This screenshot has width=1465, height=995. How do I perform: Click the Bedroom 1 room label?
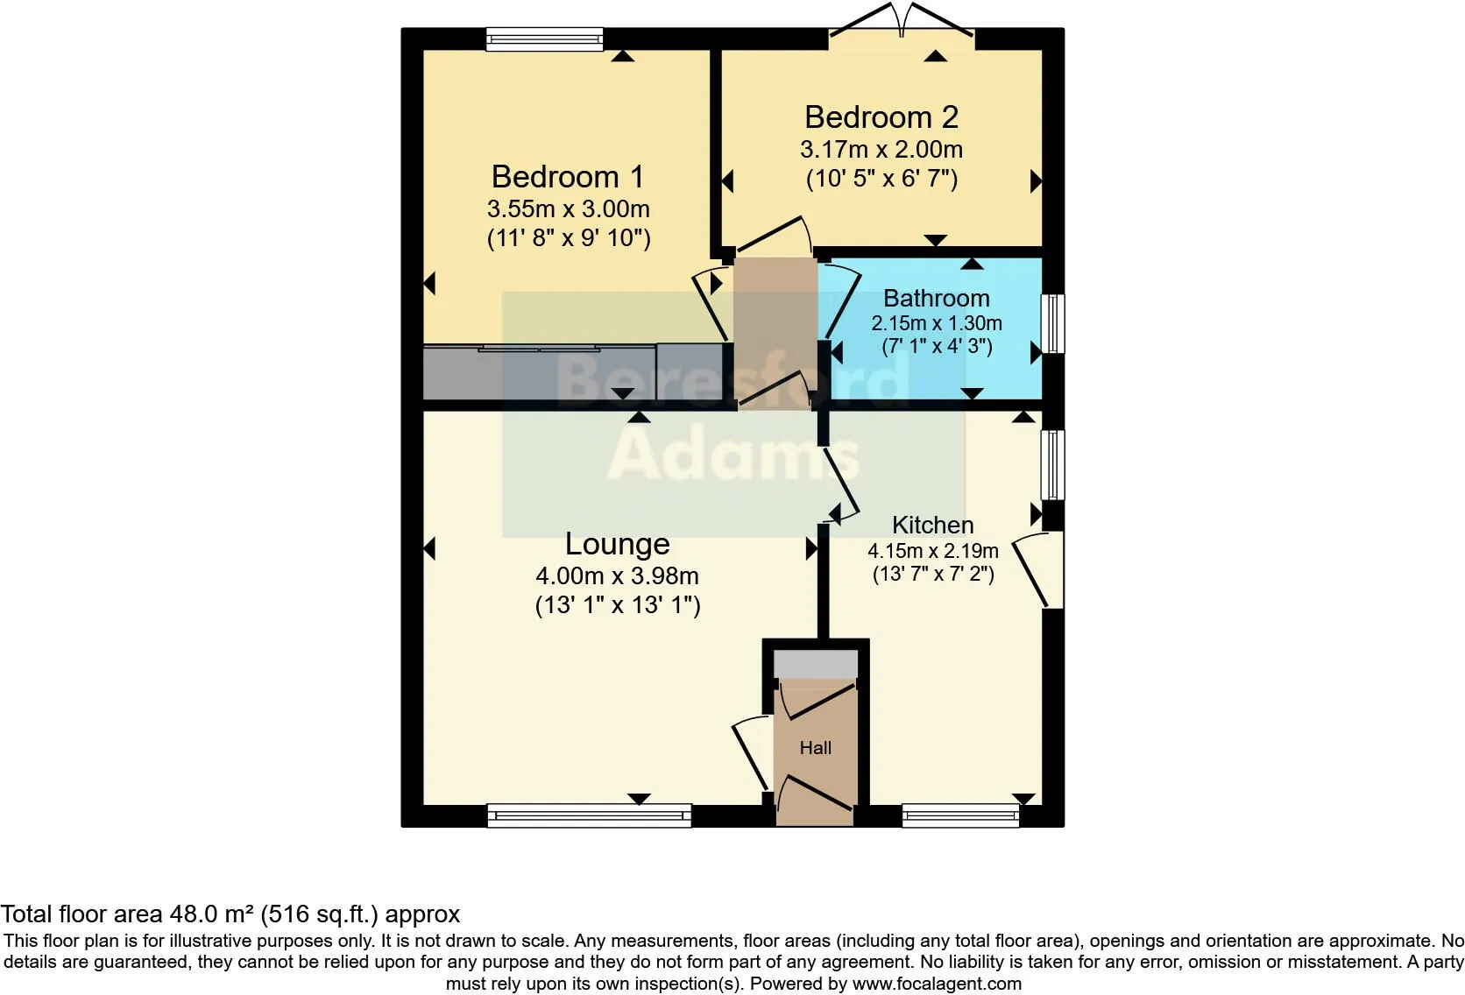pos(568,177)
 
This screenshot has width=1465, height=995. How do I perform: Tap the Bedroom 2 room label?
pos(881,117)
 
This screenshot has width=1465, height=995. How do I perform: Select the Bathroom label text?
pos(936,299)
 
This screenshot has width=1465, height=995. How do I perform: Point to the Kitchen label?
pos(932,526)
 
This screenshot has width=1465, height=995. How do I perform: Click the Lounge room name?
pos(617,544)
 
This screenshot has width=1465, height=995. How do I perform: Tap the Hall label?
pos(815,748)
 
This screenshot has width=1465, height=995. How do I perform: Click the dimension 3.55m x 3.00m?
pos(568,209)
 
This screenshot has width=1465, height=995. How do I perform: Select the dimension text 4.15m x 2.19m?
pos(932,551)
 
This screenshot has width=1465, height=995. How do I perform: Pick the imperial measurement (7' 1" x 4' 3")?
pos(936,346)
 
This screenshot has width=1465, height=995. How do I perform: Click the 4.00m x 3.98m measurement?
pos(617,576)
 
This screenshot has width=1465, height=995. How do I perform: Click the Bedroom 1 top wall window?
pos(545,39)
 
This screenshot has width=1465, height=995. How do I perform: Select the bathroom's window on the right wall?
pos(1053,323)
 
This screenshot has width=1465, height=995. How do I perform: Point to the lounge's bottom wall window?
pos(589,816)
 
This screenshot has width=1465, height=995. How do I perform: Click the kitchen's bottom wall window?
pos(960,816)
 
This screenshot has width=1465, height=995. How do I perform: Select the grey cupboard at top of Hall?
pos(815,664)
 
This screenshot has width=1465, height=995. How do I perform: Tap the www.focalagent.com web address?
pos(937,984)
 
